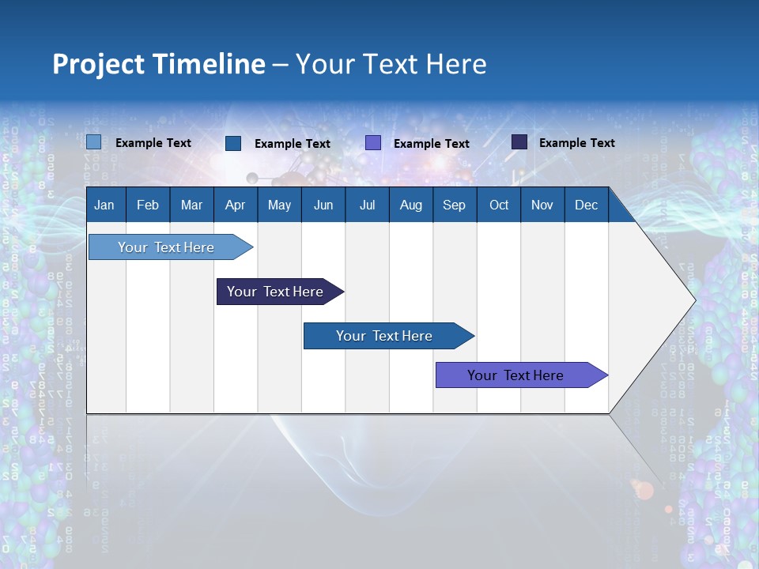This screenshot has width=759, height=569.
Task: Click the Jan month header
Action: (105, 205)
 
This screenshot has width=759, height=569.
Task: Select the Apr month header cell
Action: (236, 205)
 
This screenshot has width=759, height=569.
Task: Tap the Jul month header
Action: (367, 205)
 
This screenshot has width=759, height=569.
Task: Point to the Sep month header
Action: (455, 205)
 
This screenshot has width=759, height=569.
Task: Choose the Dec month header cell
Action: (586, 205)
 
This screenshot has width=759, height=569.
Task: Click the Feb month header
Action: (148, 205)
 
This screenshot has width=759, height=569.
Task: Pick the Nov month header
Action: (542, 205)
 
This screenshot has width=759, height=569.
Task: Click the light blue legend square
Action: (94, 142)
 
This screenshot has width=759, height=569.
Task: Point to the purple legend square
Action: (373, 143)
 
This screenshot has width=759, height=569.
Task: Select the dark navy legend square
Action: (519, 142)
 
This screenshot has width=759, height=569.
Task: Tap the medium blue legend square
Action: (233, 143)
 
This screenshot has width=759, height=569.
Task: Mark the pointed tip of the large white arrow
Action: (694, 300)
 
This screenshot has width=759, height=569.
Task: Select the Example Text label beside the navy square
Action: (576, 142)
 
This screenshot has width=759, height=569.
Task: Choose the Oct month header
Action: (499, 205)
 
